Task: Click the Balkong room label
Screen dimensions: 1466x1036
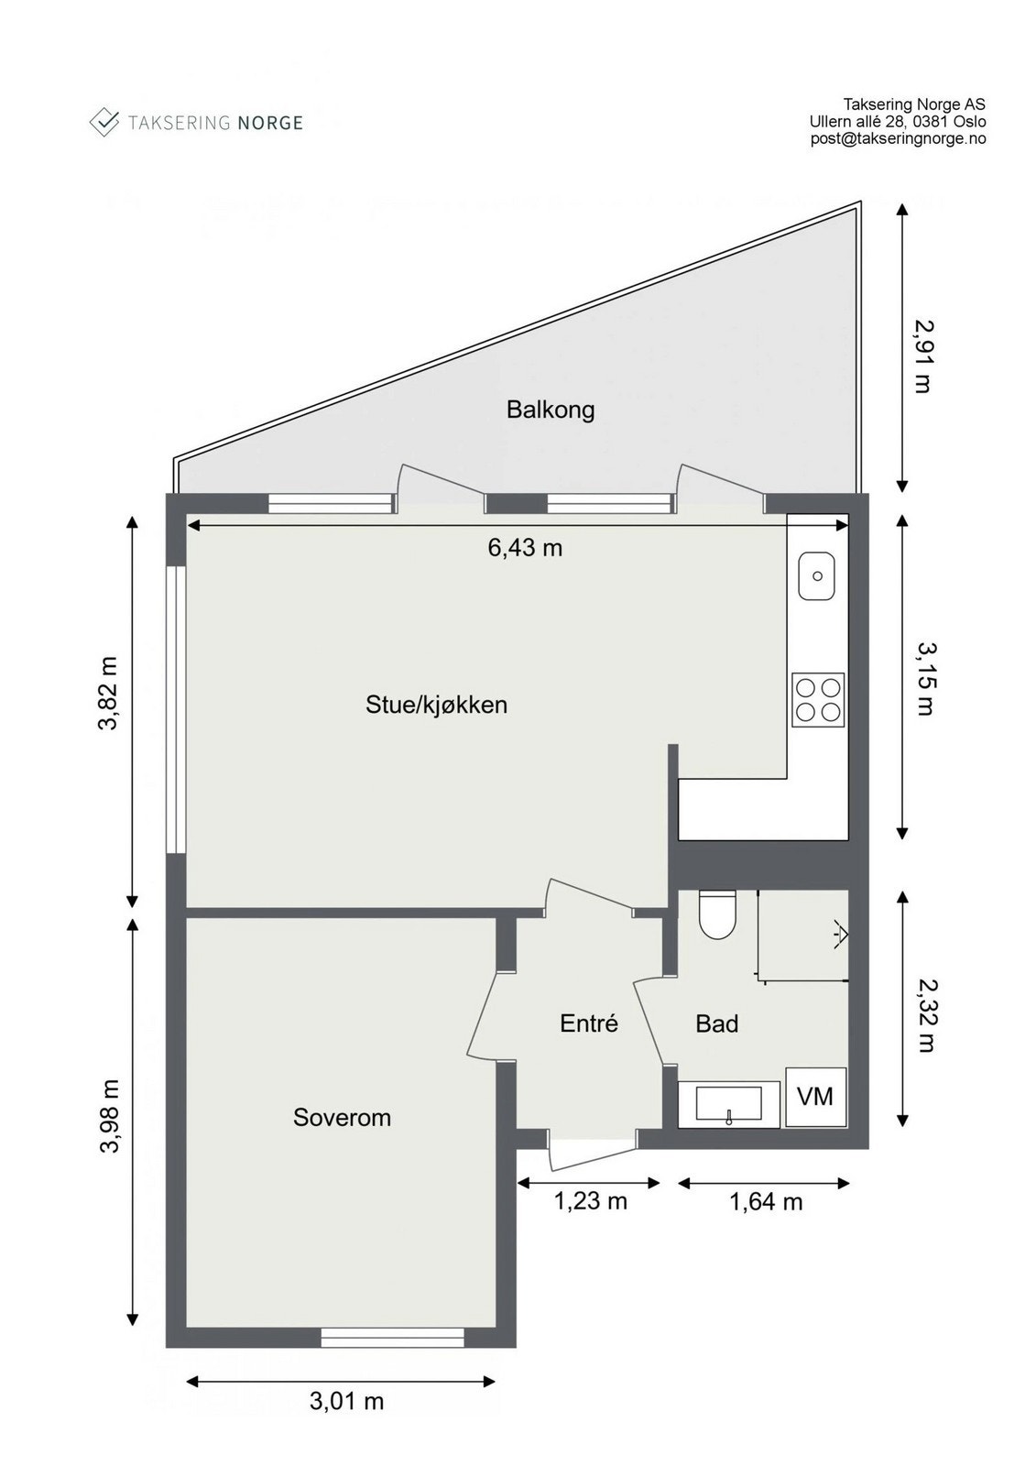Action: pyautogui.click(x=551, y=409)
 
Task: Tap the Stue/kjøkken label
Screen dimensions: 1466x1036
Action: pyautogui.click(x=436, y=705)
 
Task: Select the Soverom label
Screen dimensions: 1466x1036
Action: pyautogui.click(x=342, y=1117)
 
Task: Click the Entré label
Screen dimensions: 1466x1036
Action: pyautogui.click(x=589, y=1023)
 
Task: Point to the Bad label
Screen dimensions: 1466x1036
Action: pyautogui.click(x=716, y=1023)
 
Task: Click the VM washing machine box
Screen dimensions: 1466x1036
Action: pyautogui.click(x=815, y=1096)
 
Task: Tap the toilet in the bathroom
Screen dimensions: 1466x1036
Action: pyautogui.click(x=716, y=915)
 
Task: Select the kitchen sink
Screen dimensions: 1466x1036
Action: pyautogui.click(x=817, y=576)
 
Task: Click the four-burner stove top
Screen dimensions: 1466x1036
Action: pyautogui.click(x=818, y=699)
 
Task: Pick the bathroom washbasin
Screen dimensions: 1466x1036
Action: pyautogui.click(x=728, y=1104)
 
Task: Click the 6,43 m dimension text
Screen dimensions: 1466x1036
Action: pyautogui.click(x=525, y=548)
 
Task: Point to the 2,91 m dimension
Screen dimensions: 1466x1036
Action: pyautogui.click(x=923, y=356)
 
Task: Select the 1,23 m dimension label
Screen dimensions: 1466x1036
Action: pyautogui.click(x=590, y=1200)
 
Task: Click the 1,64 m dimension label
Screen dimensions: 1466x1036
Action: pyautogui.click(x=766, y=1201)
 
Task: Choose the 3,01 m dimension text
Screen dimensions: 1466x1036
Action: pyautogui.click(x=346, y=1401)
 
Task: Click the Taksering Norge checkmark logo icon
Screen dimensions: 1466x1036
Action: pyautogui.click(x=104, y=122)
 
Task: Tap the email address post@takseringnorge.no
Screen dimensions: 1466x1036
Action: pyautogui.click(x=898, y=139)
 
